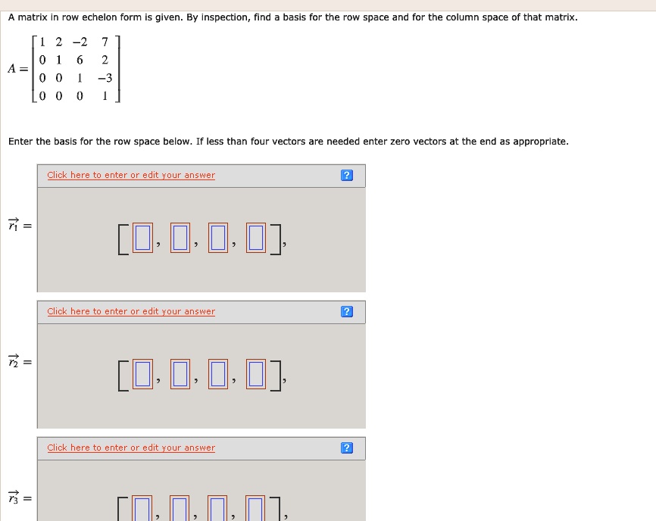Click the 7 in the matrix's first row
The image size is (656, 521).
click(x=105, y=42)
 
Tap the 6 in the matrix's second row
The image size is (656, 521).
click(x=80, y=60)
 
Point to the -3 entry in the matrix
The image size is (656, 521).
click(x=104, y=78)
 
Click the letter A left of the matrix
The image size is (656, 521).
click(x=13, y=68)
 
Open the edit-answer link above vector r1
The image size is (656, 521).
click(x=131, y=175)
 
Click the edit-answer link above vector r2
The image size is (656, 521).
click(x=131, y=311)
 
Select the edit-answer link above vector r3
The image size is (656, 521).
click(x=131, y=448)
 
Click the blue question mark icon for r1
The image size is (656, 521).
click(x=347, y=176)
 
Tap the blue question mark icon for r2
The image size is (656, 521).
click(x=347, y=312)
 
